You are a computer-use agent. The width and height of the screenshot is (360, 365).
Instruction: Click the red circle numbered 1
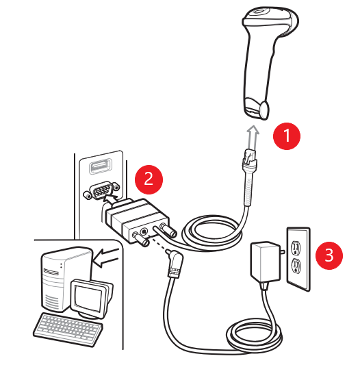click(287, 135)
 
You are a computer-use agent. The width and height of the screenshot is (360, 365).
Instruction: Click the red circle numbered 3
click(329, 255)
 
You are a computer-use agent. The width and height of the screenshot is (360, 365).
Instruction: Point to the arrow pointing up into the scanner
click(254, 133)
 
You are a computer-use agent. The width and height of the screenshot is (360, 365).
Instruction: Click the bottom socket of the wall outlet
click(297, 266)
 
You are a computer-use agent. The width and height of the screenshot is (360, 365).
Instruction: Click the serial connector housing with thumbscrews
click(137, 221)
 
